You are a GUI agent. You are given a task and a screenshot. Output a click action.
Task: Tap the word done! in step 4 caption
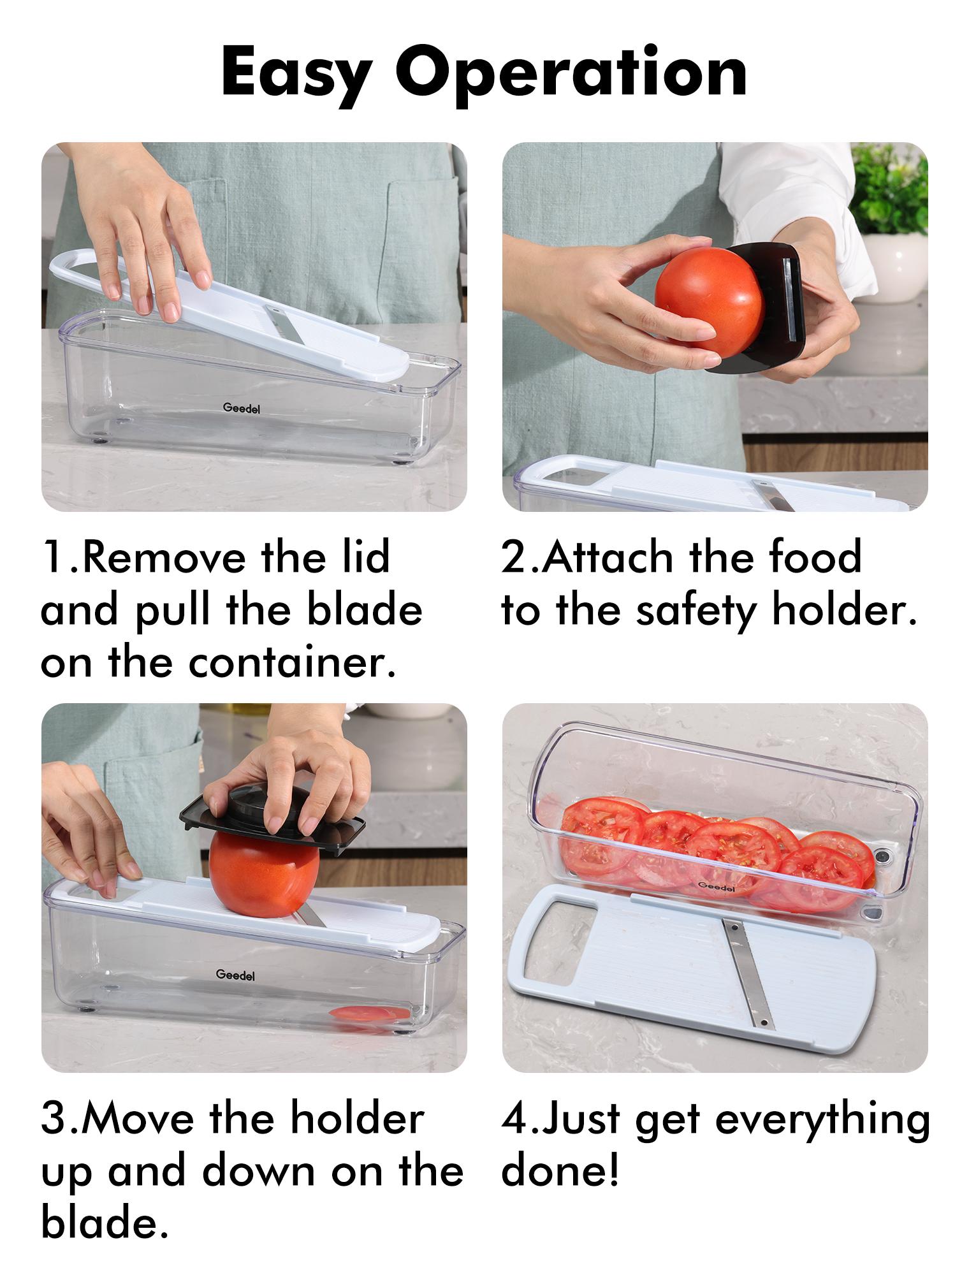(560, 1171)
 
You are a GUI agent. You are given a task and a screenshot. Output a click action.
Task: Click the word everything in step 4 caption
(822, 1120)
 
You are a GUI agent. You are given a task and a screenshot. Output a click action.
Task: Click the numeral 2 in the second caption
(513, 557)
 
